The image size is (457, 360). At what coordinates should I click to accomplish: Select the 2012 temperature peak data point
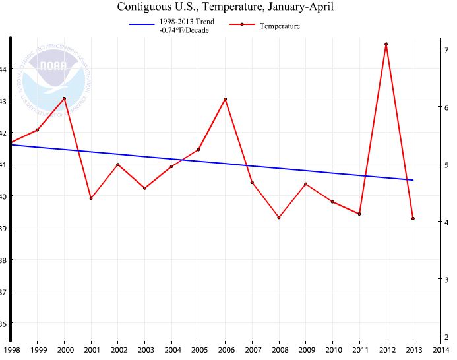[x=386, y=44]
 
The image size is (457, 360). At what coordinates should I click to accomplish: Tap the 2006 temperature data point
[x=225, y=99]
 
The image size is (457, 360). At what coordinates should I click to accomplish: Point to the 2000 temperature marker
[x=64, y=98]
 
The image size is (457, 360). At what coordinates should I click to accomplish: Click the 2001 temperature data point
[x=91, y=198]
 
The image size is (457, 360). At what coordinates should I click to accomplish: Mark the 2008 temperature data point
[x=279, y=217]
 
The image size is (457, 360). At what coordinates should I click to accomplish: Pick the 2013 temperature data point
[x=413, y=218]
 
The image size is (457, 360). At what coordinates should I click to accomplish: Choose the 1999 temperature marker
[x=37, y=130]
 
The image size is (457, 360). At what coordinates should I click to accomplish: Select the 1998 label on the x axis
[x=11, y=349]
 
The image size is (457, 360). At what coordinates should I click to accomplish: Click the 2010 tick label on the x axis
[x=332, y=349]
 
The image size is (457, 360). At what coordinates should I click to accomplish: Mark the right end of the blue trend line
[x=413, y=180]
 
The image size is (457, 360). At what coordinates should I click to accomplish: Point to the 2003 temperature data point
[x=144, y=188]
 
